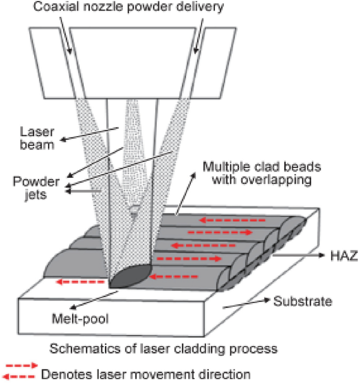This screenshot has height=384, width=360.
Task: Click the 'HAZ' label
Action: [345, 257]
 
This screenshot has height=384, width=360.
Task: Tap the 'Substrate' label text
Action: [302, 302]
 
